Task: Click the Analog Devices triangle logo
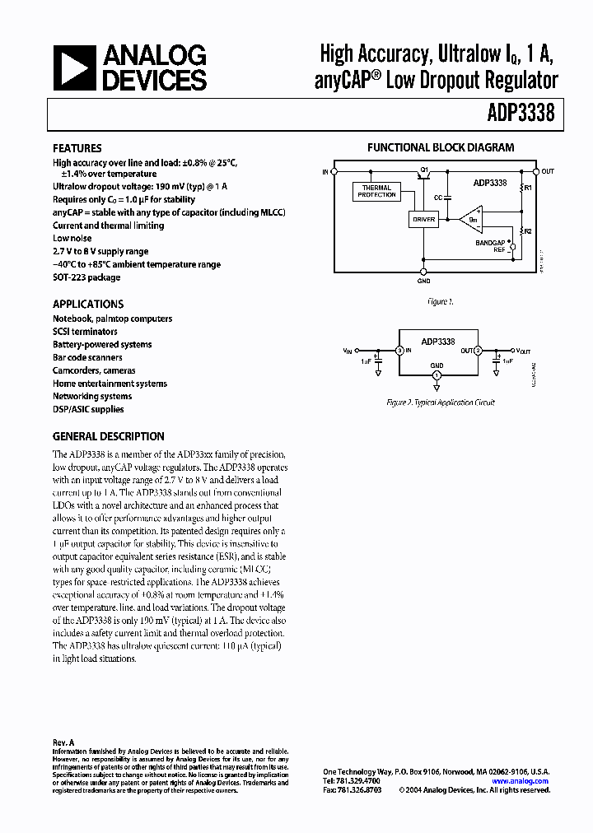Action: click(x=72, y=67)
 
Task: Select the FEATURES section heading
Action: click(x=77, y=148)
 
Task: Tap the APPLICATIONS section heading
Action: click(x=88, y=304)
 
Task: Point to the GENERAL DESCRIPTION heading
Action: click(x=109, y=436)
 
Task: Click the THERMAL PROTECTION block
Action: click(x=376, y=191)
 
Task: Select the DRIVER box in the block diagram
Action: click(x=424, y=220)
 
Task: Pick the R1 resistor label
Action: click(x=528, y=188)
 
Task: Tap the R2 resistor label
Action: click(x=528, y=231)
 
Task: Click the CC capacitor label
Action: click(x=437, y=198)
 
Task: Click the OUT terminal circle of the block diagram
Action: click(x=536, y=171)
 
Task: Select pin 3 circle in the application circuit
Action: click(x=399, y=351)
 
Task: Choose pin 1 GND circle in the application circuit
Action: click(x=437, y=375)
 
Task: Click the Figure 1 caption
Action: click(x=440, y=301)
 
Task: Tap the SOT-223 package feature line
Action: click(x=86, y=277)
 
